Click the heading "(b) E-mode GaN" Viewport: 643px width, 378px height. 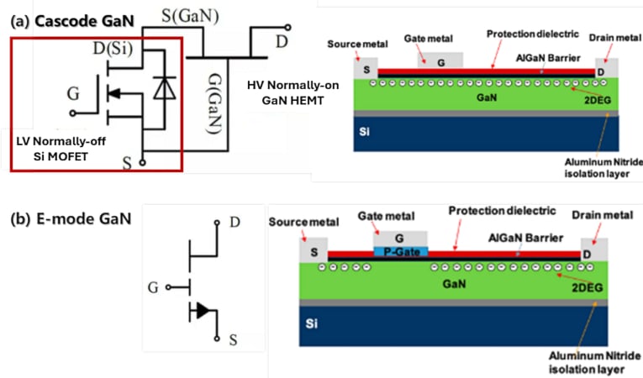(71, 220)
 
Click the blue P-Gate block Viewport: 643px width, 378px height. (400, 251)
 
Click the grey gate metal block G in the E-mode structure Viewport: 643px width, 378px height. (401, 239)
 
